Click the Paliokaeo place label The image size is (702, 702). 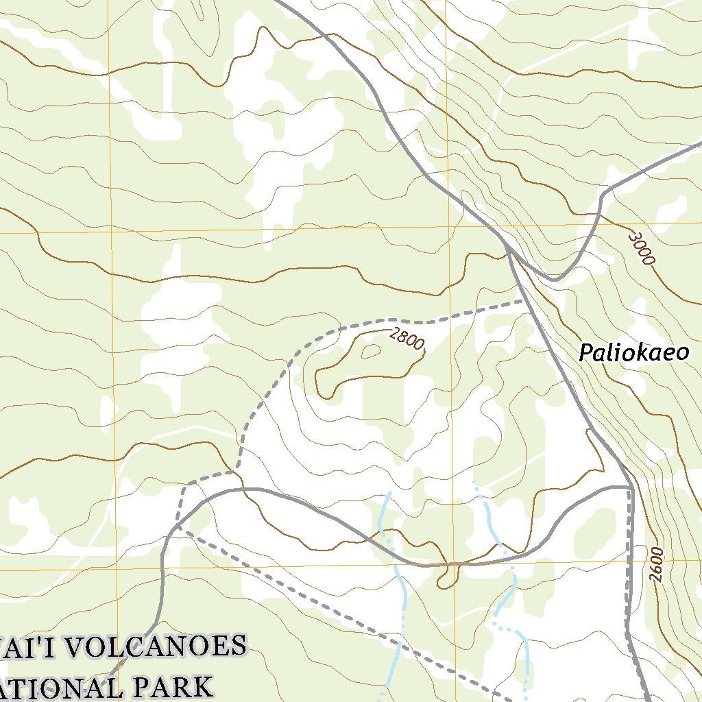(x=633, y=353)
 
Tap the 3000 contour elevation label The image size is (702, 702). (x=642, y=249)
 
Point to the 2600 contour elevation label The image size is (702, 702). (x=658, y=564)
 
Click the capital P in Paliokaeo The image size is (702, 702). (x=587, y=353)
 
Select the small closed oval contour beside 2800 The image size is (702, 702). (x=371, y=351)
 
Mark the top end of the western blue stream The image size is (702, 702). (x=389, y=492)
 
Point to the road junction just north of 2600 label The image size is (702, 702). (x=630, y=487)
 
